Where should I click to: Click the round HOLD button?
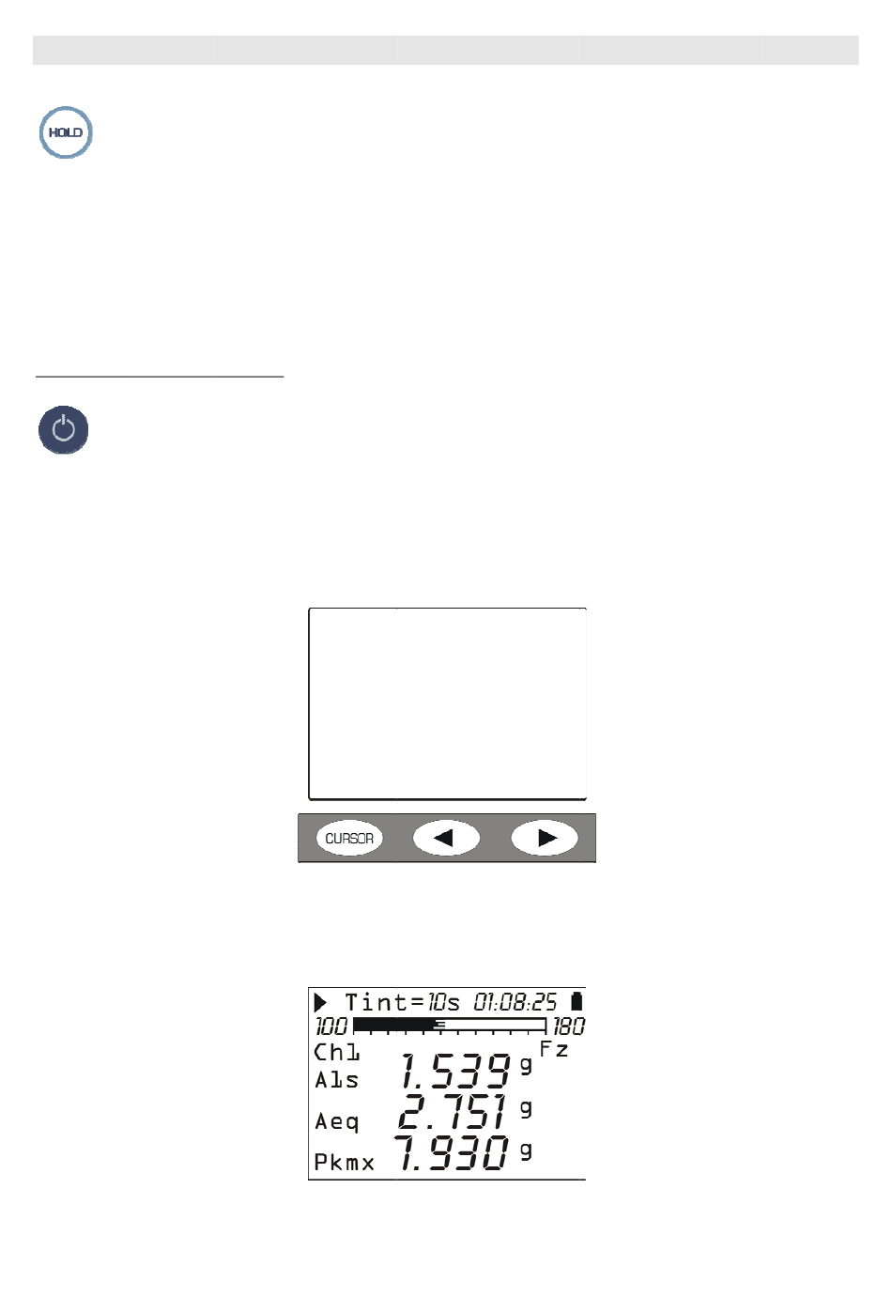[66, 132]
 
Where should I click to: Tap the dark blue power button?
[63, 430]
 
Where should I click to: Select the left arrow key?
[446, 838]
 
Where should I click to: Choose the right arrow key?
[545, 838]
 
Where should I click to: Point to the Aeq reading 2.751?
[452, 1111]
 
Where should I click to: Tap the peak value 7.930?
[451, 1152]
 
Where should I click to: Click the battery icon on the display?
[577, 1001]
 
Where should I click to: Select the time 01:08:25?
[515, 1002]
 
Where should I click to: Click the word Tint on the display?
[377, 1002]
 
